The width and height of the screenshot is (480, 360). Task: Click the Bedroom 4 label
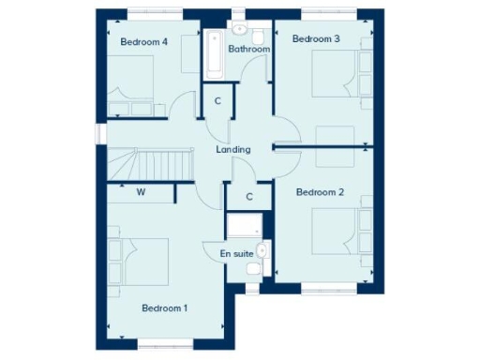(143, 41)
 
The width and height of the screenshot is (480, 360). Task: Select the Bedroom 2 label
(320, 192)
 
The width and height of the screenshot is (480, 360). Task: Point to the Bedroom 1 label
(164, 307)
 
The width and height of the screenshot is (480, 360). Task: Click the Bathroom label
(249, 49)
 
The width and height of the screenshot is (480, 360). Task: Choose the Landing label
(232, 149)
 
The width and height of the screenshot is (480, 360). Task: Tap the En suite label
(236, 254)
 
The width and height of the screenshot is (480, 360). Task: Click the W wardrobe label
(141, 193)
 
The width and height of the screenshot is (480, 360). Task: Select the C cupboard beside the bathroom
(217, 100)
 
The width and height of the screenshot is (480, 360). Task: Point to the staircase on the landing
(150, 164)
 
